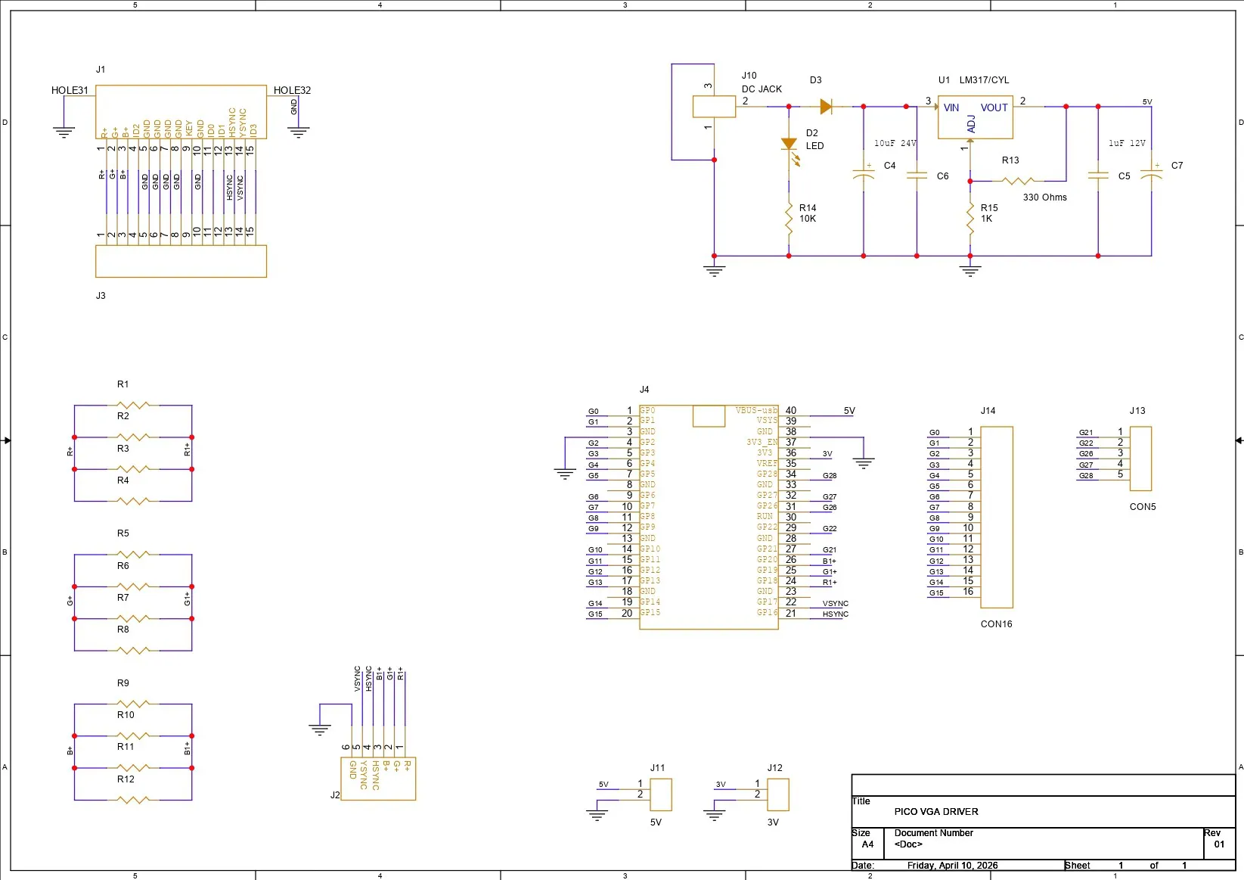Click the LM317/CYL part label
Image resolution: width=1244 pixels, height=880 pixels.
click(x=984, y=80)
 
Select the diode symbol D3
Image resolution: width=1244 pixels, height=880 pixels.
click(x=826, y=107)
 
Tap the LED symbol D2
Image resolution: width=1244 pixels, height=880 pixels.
click(x=789, y=145)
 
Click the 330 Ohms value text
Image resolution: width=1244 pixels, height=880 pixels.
click(x=1044, y=197)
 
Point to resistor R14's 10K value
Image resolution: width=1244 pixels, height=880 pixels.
click(x=808, y=219)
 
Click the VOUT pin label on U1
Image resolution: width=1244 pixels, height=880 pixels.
click(x=994, y=108)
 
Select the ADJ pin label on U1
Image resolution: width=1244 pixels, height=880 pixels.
click(x=972, y=124)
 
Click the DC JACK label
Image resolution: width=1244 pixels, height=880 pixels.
click(x=762, y=89)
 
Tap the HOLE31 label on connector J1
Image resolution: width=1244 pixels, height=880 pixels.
click(x=70, y=90)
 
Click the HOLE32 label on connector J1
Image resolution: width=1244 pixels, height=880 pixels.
click(x=292, y=90)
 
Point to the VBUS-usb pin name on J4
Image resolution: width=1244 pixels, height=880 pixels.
click(x=756, y=410)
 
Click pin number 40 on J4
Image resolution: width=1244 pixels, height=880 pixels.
click(x=791, y=410)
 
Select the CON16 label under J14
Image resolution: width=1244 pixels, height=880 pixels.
click(x=996, y=624)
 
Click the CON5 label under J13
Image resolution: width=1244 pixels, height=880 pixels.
click(x=1143, y=507)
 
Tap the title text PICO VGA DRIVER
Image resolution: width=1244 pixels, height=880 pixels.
click(x=936, y=812)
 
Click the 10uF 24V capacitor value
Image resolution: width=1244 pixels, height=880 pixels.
click(x=895, y=143)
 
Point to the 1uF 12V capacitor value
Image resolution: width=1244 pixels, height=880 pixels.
click(x=1127, y=143)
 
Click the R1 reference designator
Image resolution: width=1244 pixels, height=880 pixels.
click(x=123, y=384)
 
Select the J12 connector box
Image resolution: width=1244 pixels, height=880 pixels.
click(x=778, y=794)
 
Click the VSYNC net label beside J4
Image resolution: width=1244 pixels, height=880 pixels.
click(x=836, y=604)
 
